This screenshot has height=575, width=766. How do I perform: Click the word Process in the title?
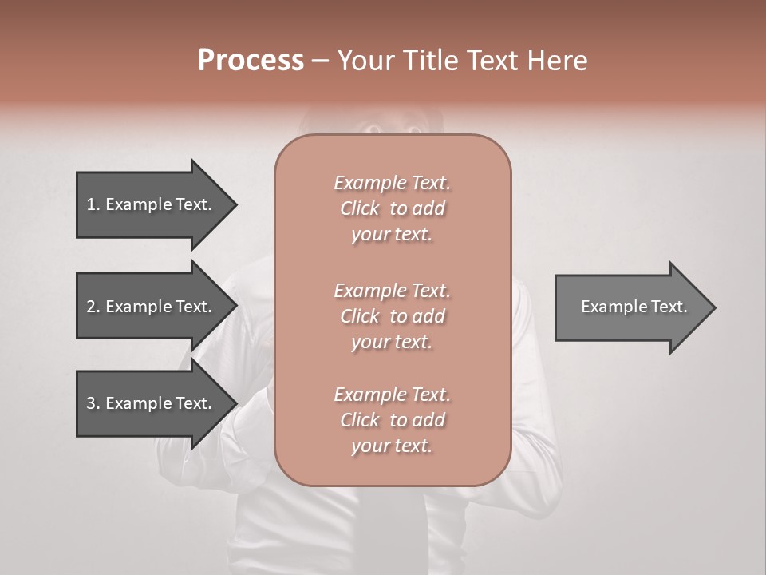point(251,61)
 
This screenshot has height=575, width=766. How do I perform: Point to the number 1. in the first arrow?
point(93,204)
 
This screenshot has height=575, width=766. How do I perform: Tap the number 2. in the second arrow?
point(93,307)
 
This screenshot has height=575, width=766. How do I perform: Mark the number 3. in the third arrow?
point(93,403)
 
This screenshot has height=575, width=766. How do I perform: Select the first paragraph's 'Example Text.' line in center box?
point(392,183)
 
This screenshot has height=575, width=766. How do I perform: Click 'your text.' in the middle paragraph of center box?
point(392,342)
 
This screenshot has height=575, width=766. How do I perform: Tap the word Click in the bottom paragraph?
point(360,420)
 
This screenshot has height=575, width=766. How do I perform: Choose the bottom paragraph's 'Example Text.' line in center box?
point(392,395)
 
